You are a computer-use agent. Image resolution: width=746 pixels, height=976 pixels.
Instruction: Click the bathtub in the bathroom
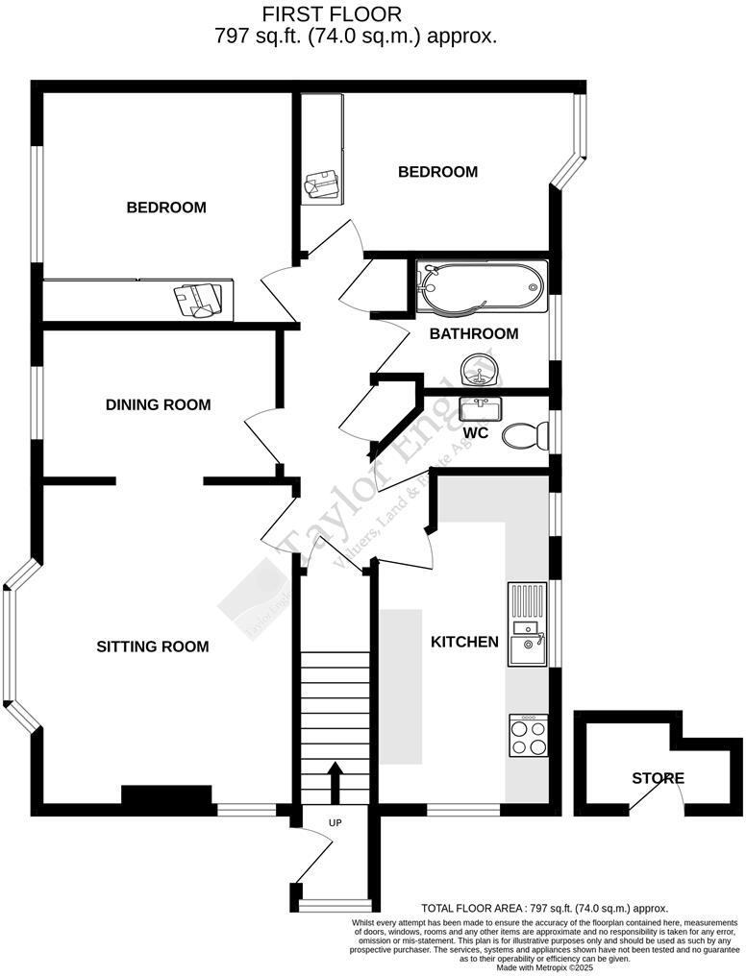(x=480, y=286)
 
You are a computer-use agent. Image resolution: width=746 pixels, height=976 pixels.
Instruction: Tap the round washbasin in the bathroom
(x=477, y=369)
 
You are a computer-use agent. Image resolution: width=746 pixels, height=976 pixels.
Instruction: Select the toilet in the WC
(x=524, y=435)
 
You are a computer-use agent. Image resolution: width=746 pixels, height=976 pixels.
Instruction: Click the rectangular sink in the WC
(x=478, y=410)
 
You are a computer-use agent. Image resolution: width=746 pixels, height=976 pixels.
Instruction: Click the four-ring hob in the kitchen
(x=528, y=736)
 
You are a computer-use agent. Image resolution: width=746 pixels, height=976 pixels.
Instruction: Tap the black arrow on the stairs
(x=335, y=781)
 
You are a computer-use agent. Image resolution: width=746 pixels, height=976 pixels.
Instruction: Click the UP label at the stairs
(x=335, y=823)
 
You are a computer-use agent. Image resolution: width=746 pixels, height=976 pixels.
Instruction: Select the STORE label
(x=658, y=778)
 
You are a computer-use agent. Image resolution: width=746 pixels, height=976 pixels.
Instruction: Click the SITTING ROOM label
(x=153, y=647)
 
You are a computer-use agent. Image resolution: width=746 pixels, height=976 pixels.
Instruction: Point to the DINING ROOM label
(x=158, y=404)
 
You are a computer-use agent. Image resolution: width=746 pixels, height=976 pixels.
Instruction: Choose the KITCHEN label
(x=464, y=642)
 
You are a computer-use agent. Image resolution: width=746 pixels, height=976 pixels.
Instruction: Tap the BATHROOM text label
(x=473, y=334)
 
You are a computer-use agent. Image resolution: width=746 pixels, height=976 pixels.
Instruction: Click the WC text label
(x=476, y=433)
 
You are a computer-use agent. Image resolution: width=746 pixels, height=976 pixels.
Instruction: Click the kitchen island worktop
(x=401, y=686)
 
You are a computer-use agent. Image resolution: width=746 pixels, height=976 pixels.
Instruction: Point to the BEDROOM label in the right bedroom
(x=437, y=172)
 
